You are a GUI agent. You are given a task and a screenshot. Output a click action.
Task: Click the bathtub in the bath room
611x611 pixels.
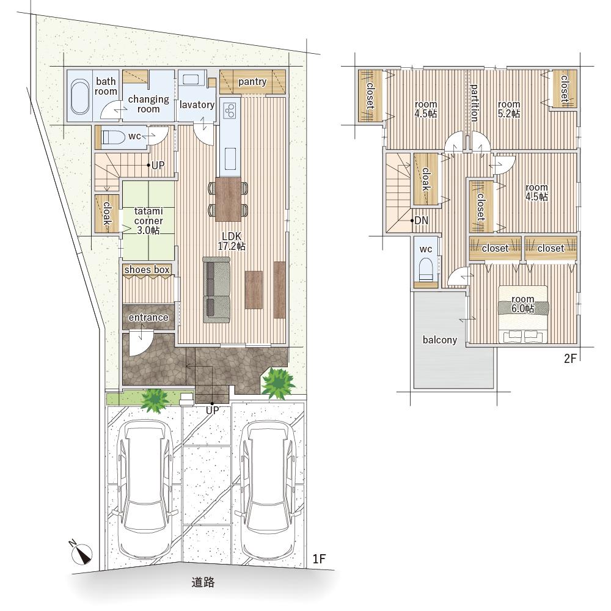tap(80, 97)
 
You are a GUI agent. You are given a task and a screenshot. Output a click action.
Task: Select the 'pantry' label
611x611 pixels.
tap(252, 82)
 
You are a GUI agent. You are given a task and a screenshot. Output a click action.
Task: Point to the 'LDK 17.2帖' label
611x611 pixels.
tap(232, 241)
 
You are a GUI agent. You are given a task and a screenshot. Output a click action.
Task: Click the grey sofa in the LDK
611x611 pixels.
tap(216, 290)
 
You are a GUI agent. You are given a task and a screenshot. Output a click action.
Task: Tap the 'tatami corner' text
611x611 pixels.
tap(148, 216)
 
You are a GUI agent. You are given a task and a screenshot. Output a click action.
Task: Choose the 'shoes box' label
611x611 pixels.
tap(147, 269)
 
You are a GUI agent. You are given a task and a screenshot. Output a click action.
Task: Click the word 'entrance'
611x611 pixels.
tap(148, 318)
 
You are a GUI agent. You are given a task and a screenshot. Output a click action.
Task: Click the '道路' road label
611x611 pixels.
tap(203, 582)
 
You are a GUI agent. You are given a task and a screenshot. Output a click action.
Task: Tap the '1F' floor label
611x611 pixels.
tap(319, 559)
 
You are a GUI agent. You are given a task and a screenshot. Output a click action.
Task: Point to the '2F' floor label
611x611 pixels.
tap(569, 359)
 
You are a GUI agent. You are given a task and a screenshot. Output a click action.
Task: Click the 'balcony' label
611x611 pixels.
tap(439, 340)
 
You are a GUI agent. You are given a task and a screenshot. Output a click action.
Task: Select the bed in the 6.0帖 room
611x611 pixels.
tap(523, 315)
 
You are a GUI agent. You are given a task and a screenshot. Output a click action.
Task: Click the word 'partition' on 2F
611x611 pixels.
tap(474, 103)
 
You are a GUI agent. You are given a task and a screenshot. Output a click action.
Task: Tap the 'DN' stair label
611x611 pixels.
tap(421, 221)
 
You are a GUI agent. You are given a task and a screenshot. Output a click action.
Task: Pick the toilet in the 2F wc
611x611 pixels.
tap(425, 270)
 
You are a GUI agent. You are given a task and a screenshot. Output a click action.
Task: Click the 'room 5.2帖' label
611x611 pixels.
tap(509, 109)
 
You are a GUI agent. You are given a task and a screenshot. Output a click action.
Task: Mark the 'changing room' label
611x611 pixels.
tap(148, 104)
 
